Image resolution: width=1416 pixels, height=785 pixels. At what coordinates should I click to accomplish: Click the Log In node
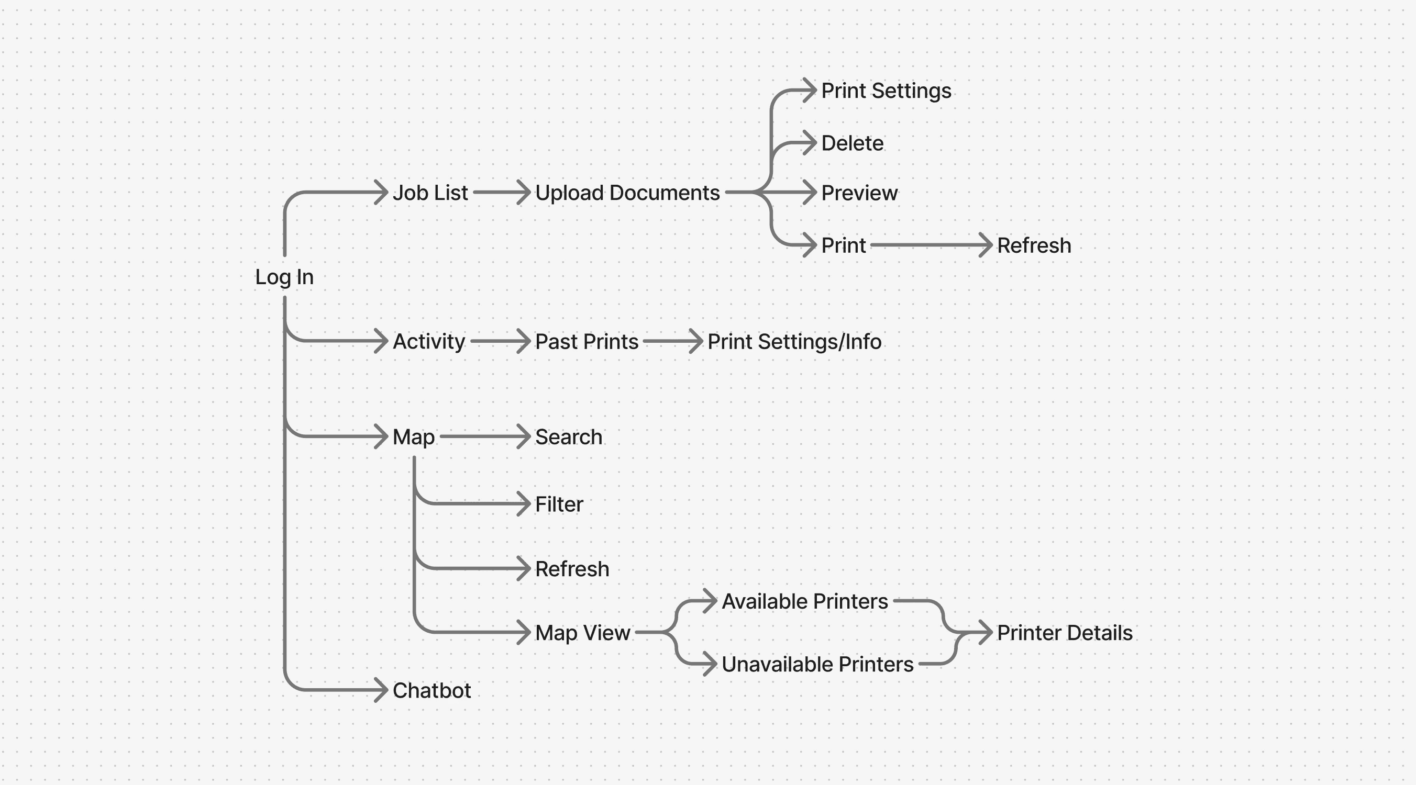point(284,277)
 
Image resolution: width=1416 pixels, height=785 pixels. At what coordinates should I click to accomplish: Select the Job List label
point(430,193)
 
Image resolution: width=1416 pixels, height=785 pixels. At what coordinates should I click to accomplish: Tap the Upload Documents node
point(627,193)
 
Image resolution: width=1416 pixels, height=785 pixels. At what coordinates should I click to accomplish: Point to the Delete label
point(852,143)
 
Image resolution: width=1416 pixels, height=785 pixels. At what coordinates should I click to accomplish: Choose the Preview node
point(859,193)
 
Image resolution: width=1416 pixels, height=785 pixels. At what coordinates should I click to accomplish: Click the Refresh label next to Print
point(1034,245)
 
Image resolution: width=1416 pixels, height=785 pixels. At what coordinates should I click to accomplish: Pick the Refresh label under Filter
point(572,568)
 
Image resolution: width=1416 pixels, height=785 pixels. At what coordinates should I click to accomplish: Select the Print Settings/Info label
point(794,342)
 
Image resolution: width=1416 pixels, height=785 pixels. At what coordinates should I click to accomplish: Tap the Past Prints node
point(587,342)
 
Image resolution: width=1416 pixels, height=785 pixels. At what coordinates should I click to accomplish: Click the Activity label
point(429,342)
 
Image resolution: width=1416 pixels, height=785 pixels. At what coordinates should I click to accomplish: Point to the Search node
point(568,436)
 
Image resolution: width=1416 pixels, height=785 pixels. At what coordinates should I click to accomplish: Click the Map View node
point(583,633)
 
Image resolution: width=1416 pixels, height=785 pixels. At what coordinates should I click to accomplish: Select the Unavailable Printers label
point(817,665)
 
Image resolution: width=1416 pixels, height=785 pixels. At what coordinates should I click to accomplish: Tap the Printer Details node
point(1064,633)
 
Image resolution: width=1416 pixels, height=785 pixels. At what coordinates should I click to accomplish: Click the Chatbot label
point(432,690)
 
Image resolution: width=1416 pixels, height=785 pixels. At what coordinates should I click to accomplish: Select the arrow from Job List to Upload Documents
point(500,192)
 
